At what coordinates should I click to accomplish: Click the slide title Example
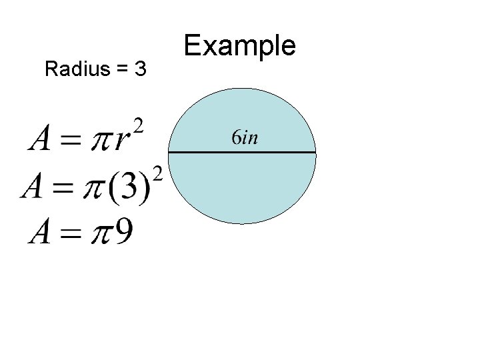pyautogui.click(x=239, y=47)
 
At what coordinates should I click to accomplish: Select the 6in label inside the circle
pyautogui.click(x=245, y=138)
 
